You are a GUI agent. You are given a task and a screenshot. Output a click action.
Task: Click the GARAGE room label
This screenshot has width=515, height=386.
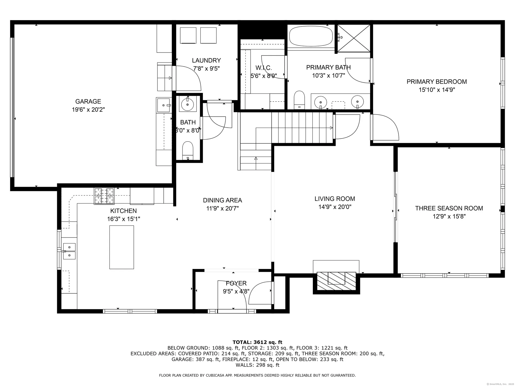pyautogui.click(x=88, y=101)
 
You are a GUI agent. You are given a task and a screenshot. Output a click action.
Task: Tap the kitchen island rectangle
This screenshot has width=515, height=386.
pyautogui.click(x=122, y=247)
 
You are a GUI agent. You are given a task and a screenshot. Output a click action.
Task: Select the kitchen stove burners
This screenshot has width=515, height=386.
pyautogui.click(x=104, y=196)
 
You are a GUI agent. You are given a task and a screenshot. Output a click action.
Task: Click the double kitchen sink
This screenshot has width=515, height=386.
pyautogui.click(x=69, y=251)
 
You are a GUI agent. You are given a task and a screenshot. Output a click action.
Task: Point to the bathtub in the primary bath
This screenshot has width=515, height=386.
pyautogui.click(x=311, y=37)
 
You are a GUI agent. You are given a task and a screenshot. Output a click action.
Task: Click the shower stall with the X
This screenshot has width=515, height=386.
pyautogui.click(x=354, y=38)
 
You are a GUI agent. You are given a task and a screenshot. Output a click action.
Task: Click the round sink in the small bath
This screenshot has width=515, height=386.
pyautogui.click(x=187, y=104)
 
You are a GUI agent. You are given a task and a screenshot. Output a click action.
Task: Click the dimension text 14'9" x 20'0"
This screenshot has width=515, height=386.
pyautogui.click(x=335, y=207)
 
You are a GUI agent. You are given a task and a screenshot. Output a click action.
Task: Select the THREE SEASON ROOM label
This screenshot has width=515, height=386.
pyautogui.click(x=449, y=208)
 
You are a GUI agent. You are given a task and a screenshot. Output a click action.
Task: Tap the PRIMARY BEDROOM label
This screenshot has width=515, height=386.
pyautogui.click(x=436, y=82)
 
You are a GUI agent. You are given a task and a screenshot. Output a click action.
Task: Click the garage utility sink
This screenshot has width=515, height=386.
pyautogui.click(x=164, y=105)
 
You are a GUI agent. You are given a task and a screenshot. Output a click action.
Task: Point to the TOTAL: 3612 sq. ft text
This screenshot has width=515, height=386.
pyautogui.click(x=257, y=342)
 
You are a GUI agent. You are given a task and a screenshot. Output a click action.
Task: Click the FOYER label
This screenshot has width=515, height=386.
pyautogui.click(x=236, y=283)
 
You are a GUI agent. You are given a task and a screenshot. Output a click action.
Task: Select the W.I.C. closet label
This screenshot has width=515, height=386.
pyautogui.click(x=263, y=68)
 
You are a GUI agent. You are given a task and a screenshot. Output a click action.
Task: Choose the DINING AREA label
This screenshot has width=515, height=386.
pyautogui.click(x=222, y=200)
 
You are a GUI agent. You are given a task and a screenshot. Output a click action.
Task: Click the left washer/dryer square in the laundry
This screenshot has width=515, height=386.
pyautogui.click(x=188, y=35)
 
